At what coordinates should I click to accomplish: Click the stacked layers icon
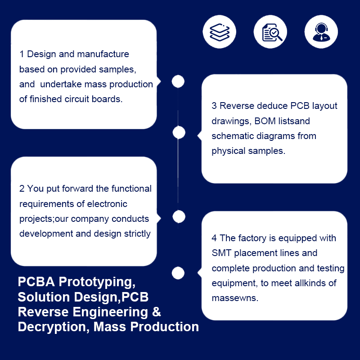[220, 32]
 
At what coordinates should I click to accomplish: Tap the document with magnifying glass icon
[272, 32]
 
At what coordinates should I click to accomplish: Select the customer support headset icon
[321, 32]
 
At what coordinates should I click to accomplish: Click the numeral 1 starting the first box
[22, 54]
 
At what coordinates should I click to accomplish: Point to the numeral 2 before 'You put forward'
[22, 189]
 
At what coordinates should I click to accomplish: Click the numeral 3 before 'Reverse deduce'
[214, 106]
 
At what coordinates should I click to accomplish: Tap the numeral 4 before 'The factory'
[214, 238]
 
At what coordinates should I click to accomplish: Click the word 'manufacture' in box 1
[103, 54]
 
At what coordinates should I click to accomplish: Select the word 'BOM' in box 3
[265, 121]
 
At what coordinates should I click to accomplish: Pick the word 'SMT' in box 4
[221, 253]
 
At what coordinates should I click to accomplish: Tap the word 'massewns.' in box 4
[235, 298]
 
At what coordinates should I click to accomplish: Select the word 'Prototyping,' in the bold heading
[97, 282]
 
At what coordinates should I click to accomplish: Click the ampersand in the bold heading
[156, 312]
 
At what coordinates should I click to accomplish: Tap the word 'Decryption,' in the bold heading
[54, 327]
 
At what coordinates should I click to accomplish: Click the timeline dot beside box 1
[178, 81]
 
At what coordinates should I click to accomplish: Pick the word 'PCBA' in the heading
[36, 282]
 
